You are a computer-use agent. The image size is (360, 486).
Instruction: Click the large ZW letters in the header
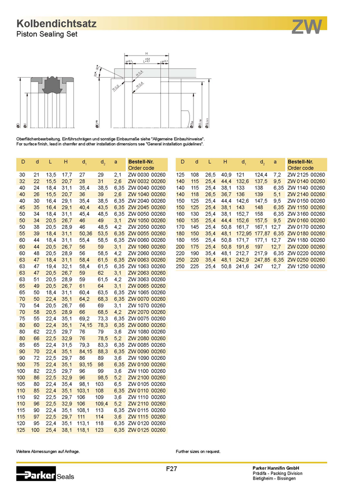click(x=307, y=27)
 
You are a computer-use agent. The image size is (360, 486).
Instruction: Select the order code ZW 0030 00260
click(x=146, y=175)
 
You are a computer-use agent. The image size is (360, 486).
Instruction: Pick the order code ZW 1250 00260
click(x=306, y=267)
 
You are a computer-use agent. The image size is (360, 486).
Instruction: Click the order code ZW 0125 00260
click(x=146, y=430)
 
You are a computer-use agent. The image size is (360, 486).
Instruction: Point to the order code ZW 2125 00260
click(x=306, y=175)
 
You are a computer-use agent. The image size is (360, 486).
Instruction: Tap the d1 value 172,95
click(x=244, y=233)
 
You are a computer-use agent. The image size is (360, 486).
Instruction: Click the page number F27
click(x=172, y=469)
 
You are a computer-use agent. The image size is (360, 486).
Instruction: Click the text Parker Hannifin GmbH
click(x=275, y=467)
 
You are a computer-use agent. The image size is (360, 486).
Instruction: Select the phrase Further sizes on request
click(x=198, y=451)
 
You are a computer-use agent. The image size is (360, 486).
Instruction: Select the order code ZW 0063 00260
click(x=146, y=259)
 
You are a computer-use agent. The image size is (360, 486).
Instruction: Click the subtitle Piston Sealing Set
click(x=47, y=34)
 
